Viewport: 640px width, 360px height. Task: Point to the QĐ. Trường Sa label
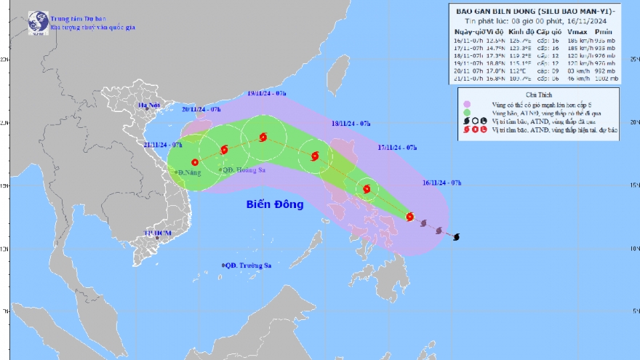pos(247,265)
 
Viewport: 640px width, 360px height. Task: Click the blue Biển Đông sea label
pos(274,204)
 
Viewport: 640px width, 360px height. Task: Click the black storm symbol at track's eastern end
pos(456,236)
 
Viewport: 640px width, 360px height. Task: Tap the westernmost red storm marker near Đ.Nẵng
pos(195,162)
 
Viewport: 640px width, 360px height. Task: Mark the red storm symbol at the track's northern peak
pos(263,137)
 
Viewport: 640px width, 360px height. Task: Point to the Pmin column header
pos(604,33)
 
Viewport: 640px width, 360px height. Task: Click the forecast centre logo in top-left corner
pos(38,22)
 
